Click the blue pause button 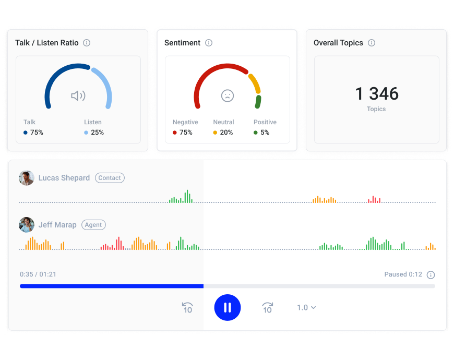point(228,307)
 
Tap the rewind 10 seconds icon point(187,308)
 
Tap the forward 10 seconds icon point(268,308)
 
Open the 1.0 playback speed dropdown point(306,308)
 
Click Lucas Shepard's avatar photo point(27,178)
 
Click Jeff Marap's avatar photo point(27,225)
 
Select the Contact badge point(110,178)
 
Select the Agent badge point(93,225)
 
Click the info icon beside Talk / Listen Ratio point(87,43)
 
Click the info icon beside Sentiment point(209,43)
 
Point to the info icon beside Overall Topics point(372,43)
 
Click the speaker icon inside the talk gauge point(78,95)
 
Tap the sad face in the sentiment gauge point(228,95)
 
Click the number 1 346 point(377,94)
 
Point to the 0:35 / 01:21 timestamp point(38,274)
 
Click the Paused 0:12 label point(403,274)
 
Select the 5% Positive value point(265,133)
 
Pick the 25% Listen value point(97,133)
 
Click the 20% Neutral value point(226,133)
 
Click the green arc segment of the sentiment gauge point(258,102)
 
